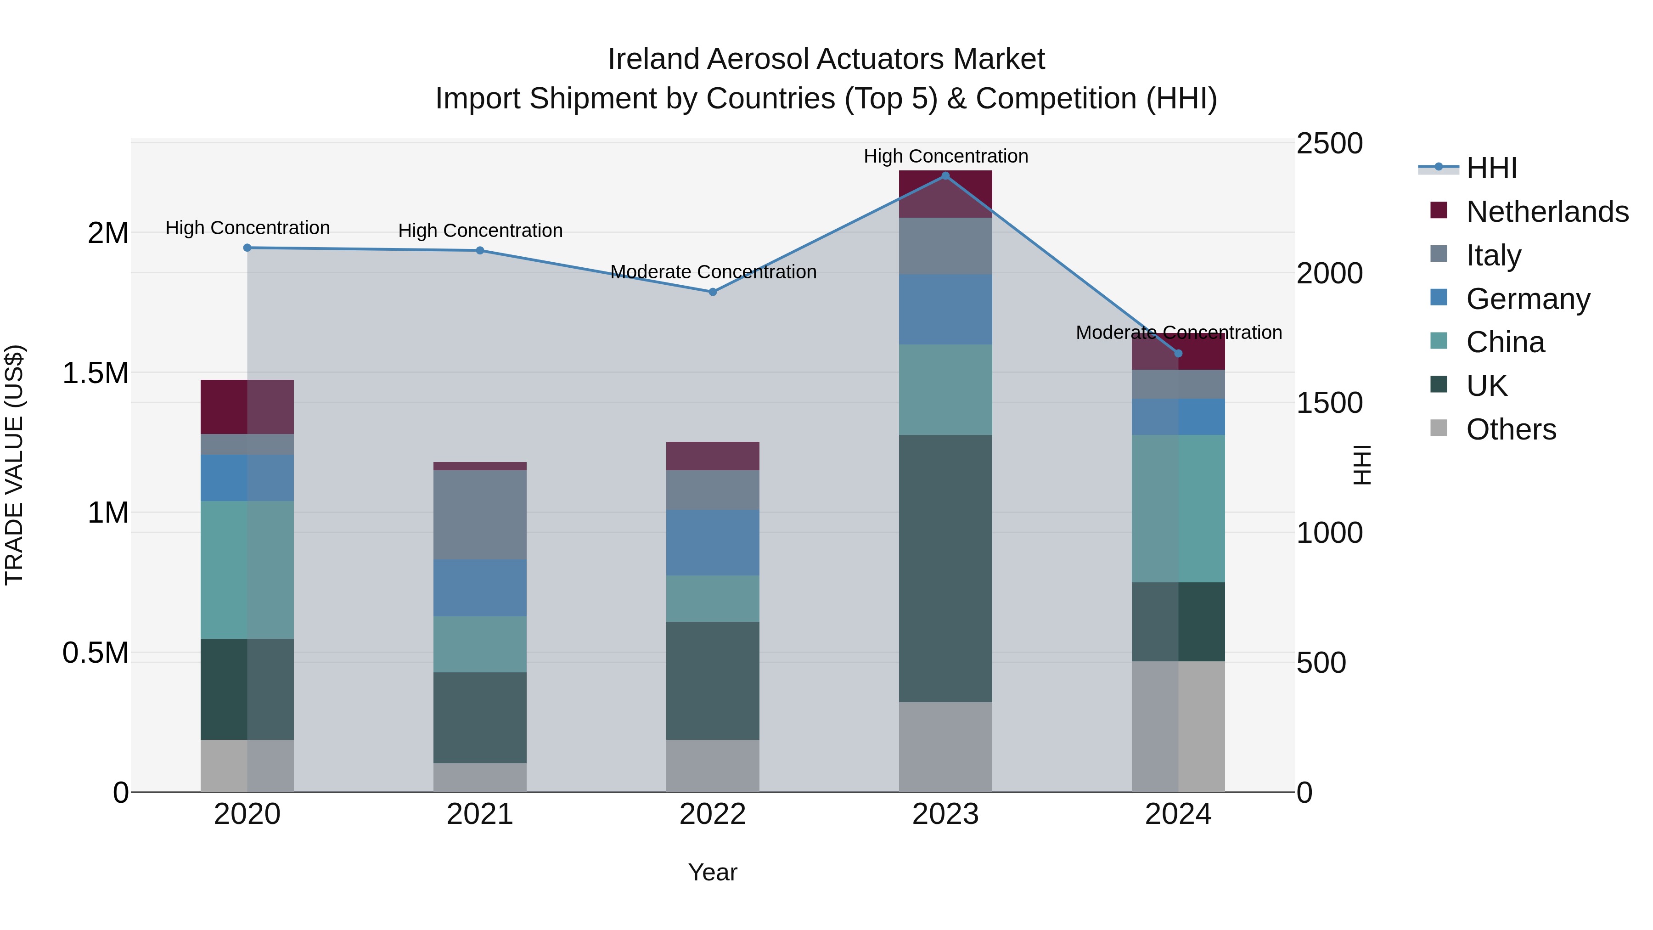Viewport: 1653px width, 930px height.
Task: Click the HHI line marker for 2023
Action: coord(945,176)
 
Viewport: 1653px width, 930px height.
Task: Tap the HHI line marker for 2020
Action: coord(247,248)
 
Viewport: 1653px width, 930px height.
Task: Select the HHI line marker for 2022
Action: coord(712,292)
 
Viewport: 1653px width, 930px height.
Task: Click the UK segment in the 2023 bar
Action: coord(945,568)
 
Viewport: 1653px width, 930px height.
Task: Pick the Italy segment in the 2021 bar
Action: coord(480,515)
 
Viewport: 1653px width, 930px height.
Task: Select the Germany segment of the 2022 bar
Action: coord(712,542)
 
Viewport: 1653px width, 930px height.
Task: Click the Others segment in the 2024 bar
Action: coord(1178,727)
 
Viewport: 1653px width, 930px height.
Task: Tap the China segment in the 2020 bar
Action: coord(247,570)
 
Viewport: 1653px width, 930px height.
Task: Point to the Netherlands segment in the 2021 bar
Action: coord(480,466)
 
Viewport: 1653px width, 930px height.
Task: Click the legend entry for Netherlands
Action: coord(1546,212)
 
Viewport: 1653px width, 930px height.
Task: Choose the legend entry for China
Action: coord(1505,342)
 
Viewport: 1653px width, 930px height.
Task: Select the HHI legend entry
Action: coord(1490,168)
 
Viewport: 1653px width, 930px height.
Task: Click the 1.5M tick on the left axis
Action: coord(95,373)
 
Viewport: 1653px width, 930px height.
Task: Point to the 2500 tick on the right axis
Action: coord(1329,144)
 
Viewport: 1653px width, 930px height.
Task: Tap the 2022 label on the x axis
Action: coord(712,814)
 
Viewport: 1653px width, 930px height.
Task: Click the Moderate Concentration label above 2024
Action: coord(1179,333)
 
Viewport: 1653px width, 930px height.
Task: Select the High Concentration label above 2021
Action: coord(480,231)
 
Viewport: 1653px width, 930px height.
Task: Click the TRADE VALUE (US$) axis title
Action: coord(14,465)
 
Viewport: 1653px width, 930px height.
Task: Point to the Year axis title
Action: coord(712,872)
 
